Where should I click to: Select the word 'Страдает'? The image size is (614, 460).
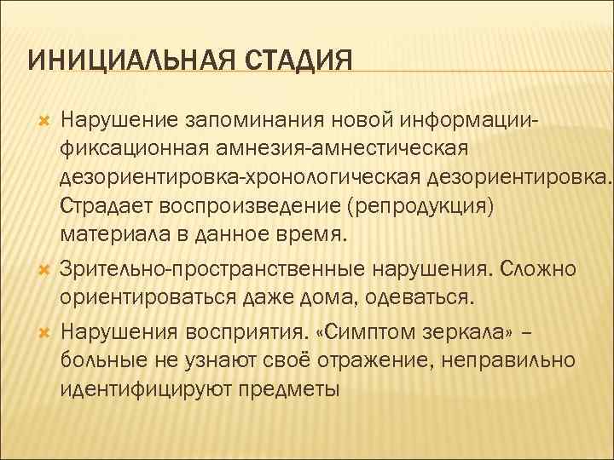pyautogui.click(x=104, y=206)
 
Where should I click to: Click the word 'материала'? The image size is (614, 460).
pyautogui.click(x=106, y=234)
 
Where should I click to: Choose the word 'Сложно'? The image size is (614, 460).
pyautogui.click(x=539, y=269)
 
